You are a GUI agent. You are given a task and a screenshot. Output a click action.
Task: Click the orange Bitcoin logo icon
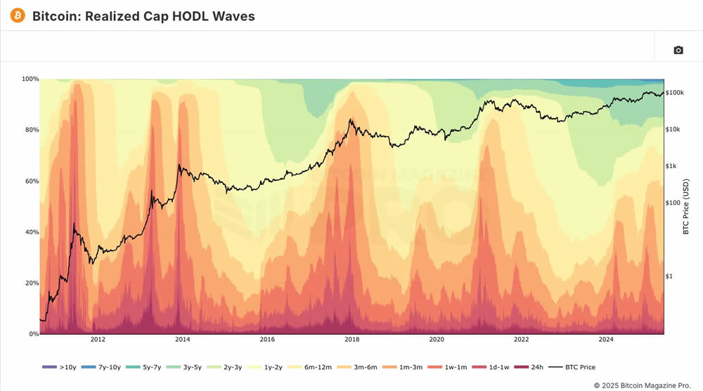17,15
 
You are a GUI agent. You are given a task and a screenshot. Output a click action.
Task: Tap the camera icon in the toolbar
678,50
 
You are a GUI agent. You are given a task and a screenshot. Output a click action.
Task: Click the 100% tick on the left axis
30,79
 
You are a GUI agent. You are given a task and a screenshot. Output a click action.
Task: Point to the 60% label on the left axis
31,181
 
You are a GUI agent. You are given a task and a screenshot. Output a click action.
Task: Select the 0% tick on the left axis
33,334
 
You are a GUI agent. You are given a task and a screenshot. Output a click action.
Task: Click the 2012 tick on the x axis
97,340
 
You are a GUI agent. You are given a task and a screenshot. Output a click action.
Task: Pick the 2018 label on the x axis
351,340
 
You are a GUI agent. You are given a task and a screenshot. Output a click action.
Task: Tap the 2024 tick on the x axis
606,340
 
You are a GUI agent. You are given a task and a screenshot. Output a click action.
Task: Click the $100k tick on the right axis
676,93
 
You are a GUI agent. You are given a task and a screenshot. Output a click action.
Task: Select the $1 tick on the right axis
670,276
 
